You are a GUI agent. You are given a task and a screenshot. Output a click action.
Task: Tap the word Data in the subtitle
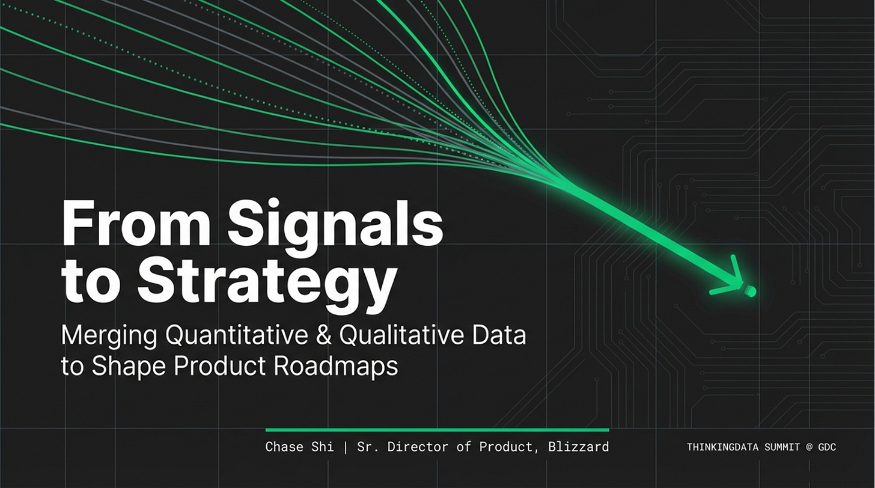(499, 335)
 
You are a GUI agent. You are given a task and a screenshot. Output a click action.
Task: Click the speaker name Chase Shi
(300, 447)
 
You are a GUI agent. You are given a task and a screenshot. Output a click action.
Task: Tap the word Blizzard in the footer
(579, 447)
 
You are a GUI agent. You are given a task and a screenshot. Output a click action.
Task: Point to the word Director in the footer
(418, 447)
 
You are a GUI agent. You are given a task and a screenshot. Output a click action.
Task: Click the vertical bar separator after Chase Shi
(346, 447)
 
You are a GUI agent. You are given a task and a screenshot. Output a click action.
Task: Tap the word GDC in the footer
(827, 447)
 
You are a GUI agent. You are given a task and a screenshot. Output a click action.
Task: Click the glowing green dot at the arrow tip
(751, 291)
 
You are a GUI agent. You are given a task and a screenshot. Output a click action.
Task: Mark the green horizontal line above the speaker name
(437, 430)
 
